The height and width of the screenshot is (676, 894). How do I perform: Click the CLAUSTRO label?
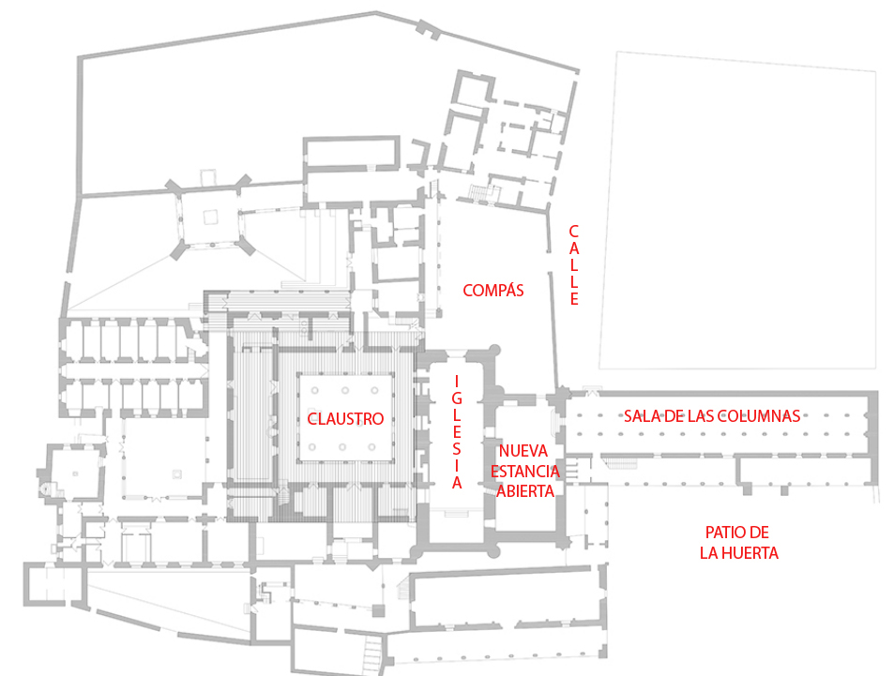[x=345, y=419]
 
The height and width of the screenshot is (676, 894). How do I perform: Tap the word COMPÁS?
[x=492, y=291]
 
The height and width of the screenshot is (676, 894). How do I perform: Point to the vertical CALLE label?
[x=574, y=265]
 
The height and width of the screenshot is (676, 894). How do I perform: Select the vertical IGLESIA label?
[x=457, y=432]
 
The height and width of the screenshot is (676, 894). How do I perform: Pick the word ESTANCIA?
[x=526, y=471]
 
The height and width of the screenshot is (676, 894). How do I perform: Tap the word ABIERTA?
[x=526, y=489]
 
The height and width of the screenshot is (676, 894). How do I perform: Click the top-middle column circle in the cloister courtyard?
[x=345, y=390]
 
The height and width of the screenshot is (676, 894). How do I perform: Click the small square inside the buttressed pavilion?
[x=210, y=217]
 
